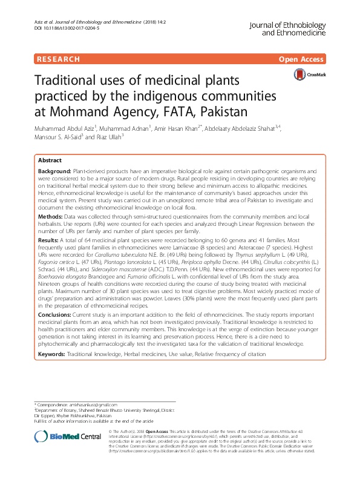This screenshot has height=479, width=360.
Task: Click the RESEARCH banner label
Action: click(x=58, y=59)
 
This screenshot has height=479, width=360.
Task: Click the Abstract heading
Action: click(x=50, y=160)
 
